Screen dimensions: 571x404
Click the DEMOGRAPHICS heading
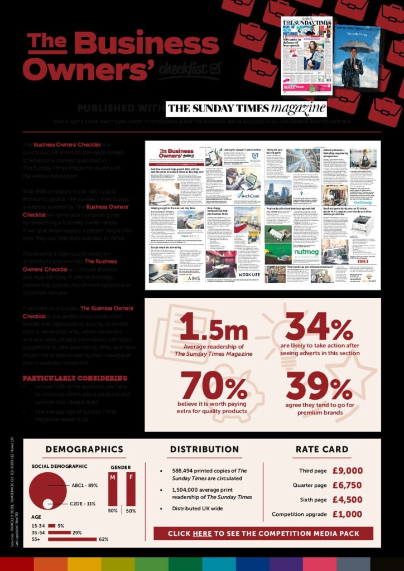(x=84, y=449)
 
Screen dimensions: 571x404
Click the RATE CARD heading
(x=321, y=449)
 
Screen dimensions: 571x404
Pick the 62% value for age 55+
(x=103, y=539)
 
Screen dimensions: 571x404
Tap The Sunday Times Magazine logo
(x=246, y=107)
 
